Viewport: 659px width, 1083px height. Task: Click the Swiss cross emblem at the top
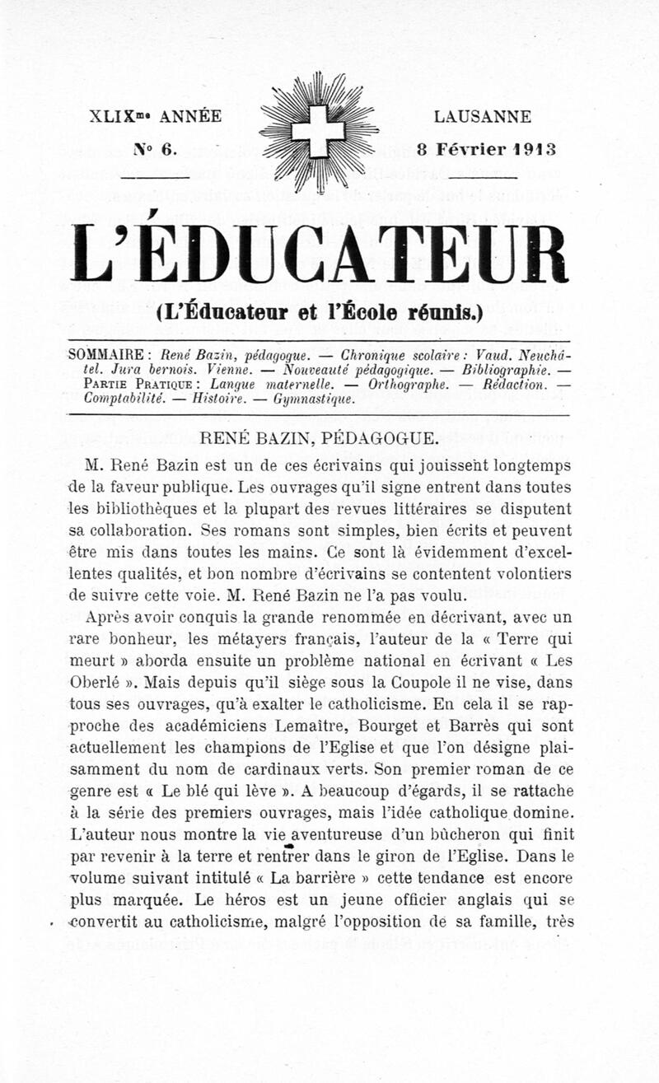click(x=318, y=132)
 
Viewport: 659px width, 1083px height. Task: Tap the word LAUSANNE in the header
click(x=482, y=117)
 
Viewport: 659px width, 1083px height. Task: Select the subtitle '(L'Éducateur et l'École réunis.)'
click(x=319, y=314)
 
